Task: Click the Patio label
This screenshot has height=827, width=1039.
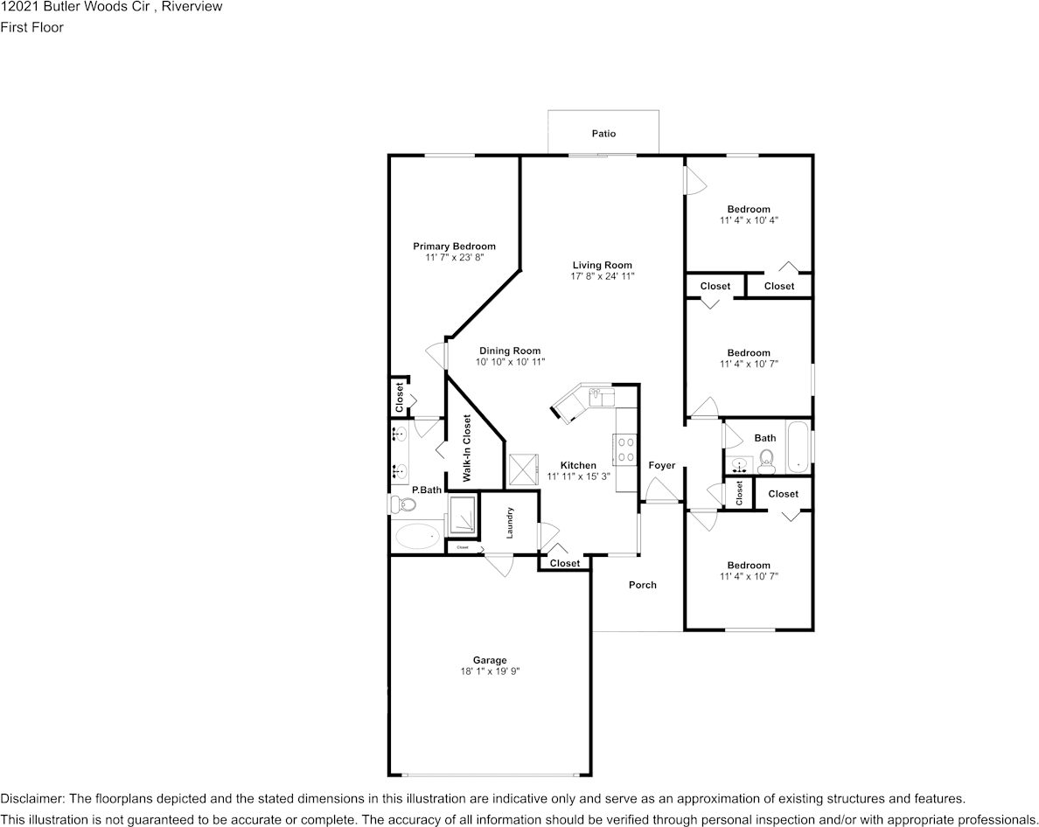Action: [603, 134]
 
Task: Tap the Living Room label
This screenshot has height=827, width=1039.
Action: [602, 265]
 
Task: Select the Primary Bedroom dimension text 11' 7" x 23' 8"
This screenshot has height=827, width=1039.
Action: [454, 258]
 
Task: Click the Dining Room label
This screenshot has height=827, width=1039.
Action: [509, 351]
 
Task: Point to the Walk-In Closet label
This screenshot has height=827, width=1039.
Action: [467, 448]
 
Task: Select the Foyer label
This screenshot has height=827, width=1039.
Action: [661, 465]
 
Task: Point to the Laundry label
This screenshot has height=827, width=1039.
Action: [509, 523]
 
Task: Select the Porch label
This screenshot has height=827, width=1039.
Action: [642, 585]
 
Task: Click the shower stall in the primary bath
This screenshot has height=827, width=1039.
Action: [463, 516]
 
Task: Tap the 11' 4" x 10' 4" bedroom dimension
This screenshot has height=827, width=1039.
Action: [749, 220]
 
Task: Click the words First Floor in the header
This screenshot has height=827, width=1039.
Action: [32, 27]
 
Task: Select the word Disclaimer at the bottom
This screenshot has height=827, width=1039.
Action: [31, 799]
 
